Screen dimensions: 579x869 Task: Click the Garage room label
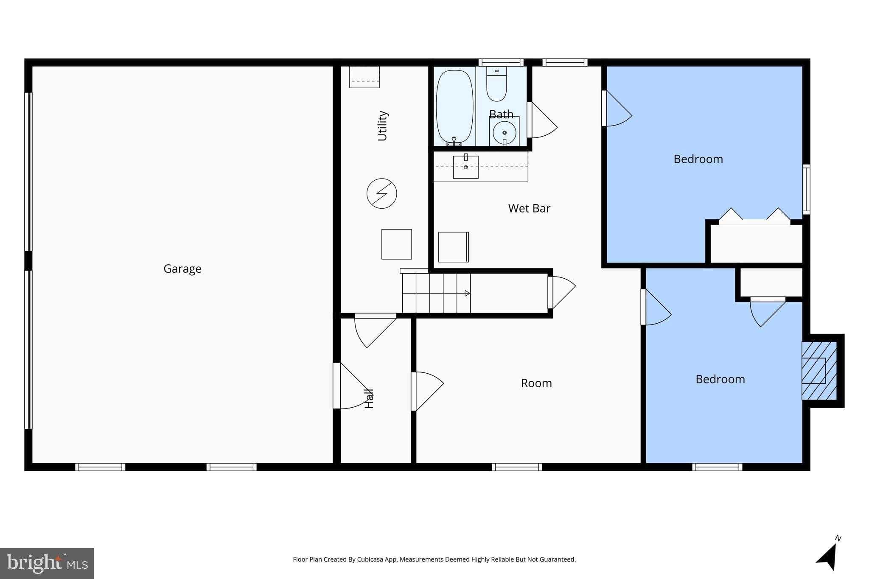182,269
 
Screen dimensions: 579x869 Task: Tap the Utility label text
382,126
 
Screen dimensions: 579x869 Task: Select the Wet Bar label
529,208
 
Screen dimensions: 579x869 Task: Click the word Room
536,383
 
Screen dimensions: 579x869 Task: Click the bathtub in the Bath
454,107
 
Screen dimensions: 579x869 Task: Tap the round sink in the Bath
504,132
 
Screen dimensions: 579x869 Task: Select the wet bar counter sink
465,167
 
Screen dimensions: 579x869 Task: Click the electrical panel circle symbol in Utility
381,193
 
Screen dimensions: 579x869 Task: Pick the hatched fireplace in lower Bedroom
819,371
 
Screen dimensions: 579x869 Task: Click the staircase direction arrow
467,293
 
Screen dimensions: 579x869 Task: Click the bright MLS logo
47,563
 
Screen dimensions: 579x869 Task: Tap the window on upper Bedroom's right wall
806,189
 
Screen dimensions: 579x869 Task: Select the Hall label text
370,398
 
